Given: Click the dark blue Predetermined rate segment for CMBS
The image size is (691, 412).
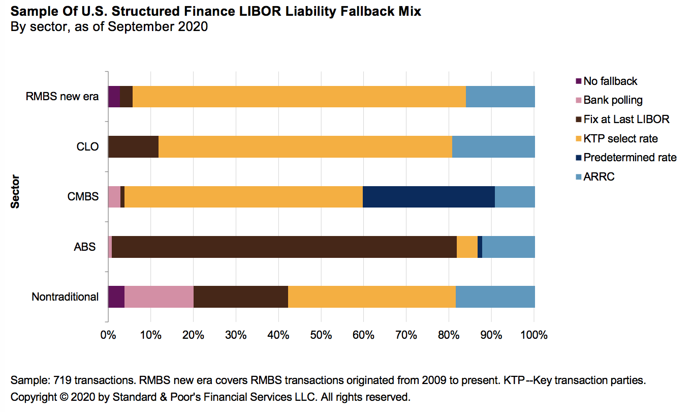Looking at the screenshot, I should tap(428, 197).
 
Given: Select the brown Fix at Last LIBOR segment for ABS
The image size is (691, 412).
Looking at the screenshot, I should tap(284, 247).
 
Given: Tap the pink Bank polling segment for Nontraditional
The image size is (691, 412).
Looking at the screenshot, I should tap(159, 297).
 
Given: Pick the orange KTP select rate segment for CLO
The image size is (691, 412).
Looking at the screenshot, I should tap(305, 147).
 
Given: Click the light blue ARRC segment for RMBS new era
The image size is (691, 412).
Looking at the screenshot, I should tap(500, 97).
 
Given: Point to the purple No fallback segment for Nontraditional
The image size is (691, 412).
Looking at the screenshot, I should tap(116, 297).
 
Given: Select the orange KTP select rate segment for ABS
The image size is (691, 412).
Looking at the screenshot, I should tap(467, 247).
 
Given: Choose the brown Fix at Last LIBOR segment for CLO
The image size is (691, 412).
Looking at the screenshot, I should tap(133, 147).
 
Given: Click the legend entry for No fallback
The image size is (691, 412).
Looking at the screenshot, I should tap(610, 81).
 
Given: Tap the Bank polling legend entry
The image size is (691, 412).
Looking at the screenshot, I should tap(612, 100).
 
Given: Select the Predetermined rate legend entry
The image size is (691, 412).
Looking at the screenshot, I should tap(630, 158).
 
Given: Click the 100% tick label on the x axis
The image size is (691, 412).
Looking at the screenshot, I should tap(534, 335).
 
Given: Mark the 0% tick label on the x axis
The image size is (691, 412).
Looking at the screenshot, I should tap(108, 335).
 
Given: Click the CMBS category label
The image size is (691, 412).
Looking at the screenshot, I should tap(83, 196).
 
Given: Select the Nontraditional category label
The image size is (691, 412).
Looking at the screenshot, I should tap(65, 297).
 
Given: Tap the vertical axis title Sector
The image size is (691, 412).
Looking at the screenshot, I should tap(15, 191).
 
